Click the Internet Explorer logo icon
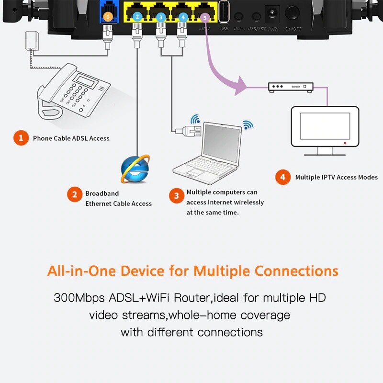point(135,169)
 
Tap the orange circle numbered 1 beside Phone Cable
point(21,138)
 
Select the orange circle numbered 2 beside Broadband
point(74,194)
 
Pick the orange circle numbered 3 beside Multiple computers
point(177,195)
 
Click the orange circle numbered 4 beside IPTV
point(282,177)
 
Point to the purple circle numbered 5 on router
point(205,18)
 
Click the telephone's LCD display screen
point(88,79)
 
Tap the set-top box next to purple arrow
point(290,87)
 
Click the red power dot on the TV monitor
point(344,143)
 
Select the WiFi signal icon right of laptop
point(248,125)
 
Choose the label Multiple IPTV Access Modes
point(336,177)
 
